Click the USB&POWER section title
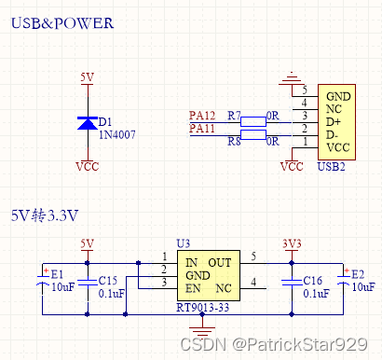[x=62, y=23]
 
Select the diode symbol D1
[x=87, y=123]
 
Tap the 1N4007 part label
[x=117, y=135]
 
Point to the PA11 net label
[x=202, y=128]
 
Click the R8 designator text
[x=234, y=142]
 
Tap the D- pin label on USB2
[x=333, y=135]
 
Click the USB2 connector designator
[x=331, y=167]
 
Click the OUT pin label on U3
[x=219, y=263]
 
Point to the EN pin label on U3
[x=191, y=289]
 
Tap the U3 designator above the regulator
[x=183, y=242]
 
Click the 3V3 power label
[x=292, y=243]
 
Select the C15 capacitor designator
[x=108, y=280]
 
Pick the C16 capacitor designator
[x=313, y=280]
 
